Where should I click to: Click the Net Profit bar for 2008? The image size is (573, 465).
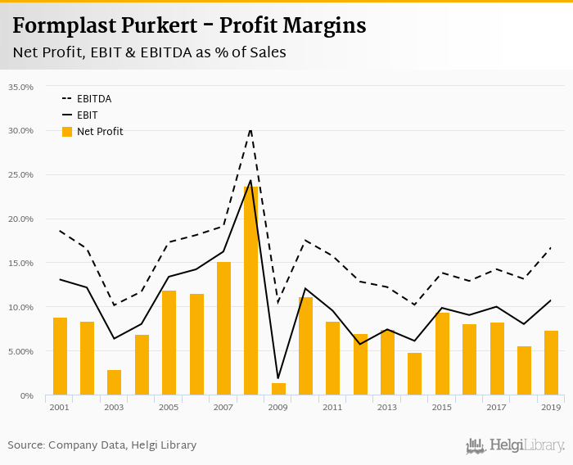pyautogui.click(x=250, y=291)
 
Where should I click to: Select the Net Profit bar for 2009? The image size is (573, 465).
pyautogui.click(x=278, y=389)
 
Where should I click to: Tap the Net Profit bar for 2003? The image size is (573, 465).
pyautogui.click(x=114, y=382)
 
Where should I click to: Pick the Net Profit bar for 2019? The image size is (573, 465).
pyautogui.click(x=551, y=363)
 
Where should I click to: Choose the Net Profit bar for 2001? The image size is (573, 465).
pyautogui.click(x=60, y=356)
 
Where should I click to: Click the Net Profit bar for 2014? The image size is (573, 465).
pyautogui.click(x=414, y=374)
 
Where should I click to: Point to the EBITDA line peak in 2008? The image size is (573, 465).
pyautogui.click(x=250, y=129)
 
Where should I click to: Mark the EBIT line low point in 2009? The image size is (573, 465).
pyautogui.click(x=278, y=378)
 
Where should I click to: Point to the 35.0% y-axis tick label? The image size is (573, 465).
pyautogui.click(x=20, y=86)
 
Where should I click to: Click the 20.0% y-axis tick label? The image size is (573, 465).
pyautogui.click(x=20, y=219)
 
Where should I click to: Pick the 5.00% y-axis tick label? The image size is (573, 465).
pyautogui.click(x=20, y=351)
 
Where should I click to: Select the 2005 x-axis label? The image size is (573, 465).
pyautogui.click(x=169, y=407)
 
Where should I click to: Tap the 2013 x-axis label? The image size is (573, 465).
pyautogui.click(x=387, y=407)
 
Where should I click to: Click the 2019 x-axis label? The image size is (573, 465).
pyautogui.click(x=551, y=407)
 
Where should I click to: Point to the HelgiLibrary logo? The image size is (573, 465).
pyautogui.click(x=515, y=445)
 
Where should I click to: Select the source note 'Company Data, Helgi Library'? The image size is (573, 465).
pyautogui.click(x=122, y=445)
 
